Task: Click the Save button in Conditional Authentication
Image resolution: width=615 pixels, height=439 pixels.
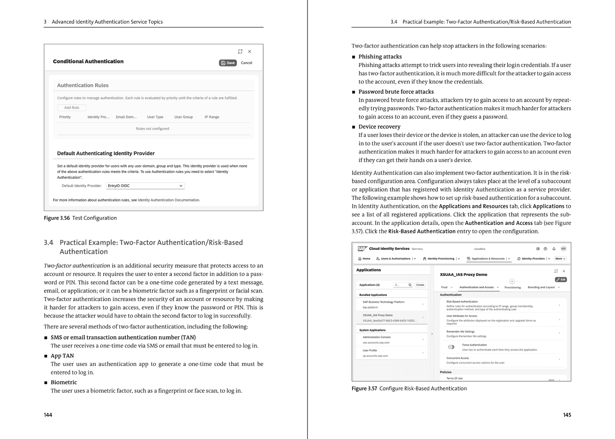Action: [x=228, y=63]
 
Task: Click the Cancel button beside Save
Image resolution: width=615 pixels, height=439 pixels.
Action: [x=246, y=63]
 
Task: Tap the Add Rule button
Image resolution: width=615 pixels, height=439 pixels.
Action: [x=71, y=108]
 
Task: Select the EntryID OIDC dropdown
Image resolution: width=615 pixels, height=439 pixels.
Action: [x=145, y=186]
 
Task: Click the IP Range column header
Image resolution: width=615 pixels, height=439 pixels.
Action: [x=212, y=117]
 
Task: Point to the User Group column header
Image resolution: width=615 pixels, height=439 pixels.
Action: [x=183, y=117]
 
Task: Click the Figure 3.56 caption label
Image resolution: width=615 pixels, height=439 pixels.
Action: [x=57, y=218]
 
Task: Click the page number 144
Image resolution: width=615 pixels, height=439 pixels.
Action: [x=48, y=415]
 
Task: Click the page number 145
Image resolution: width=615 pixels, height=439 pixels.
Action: [x=567, y=415]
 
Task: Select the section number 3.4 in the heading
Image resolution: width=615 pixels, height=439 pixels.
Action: [x=48, y=243]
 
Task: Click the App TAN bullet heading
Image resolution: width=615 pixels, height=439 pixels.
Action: [x=62, y=356]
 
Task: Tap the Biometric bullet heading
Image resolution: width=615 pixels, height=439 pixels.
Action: [x=64, y=382]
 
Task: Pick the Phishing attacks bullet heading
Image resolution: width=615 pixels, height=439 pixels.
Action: [x=380, y=57]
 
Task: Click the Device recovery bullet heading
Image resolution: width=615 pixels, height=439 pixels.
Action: [x=379, y=126]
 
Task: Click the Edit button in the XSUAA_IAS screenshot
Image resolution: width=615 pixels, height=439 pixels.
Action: [x=561, y=279]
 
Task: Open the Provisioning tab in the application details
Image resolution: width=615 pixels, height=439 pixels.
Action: [x=512, y=287]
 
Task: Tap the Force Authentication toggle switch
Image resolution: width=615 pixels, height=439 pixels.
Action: [x=451, y=347]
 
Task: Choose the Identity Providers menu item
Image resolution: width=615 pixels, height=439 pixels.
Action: [x=533, y=259]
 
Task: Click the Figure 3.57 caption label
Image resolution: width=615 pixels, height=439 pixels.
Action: [x=364, y=389]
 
